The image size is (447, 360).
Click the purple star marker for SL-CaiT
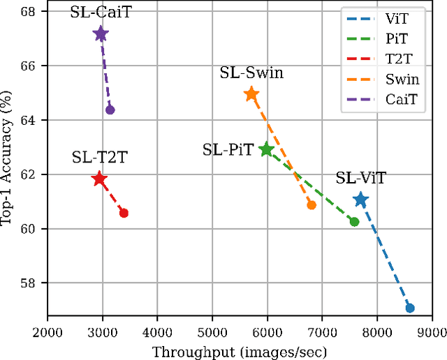click(x=101, y=33)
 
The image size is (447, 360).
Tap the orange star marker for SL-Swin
click(x=251, y=94)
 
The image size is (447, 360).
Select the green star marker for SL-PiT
click(x=266, y=149)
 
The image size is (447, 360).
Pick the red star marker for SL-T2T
click(x=99, y=179)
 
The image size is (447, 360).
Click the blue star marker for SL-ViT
click(x=360, y=200)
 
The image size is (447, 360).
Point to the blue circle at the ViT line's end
click(x=410, y=308)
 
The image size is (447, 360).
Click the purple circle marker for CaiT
click(x=110, y=110)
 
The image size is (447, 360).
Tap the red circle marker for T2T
click(x=124, y=213)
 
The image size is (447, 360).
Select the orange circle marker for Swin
click(x=312, y=204)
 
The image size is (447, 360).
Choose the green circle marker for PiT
click(x=354, y=221)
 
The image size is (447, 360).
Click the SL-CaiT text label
click(x=100, y=13)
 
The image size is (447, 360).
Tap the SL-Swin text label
click(x=252, y=73)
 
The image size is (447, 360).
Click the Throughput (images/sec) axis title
click(x=240, y=351)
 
